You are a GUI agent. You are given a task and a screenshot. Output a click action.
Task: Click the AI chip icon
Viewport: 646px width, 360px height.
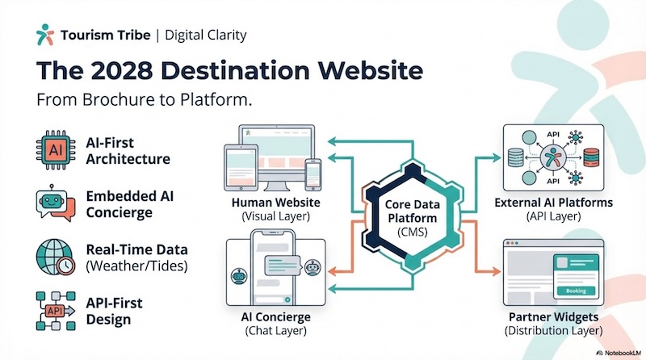(56, 150)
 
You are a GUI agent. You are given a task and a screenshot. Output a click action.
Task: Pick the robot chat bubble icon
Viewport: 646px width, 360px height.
(56, 204)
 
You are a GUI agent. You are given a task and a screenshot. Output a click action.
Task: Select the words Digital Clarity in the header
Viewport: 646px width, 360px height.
(206, 35)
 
